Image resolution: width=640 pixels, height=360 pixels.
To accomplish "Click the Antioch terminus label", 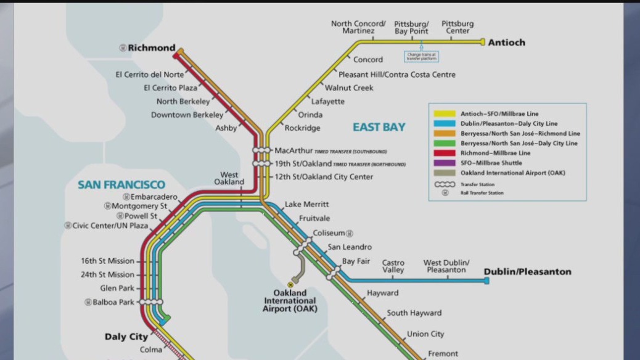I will [x=506, y=43].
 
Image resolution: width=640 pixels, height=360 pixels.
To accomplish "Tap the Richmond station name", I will [x=151, y=47].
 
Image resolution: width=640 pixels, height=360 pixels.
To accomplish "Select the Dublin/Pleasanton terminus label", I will [x=527, y=272].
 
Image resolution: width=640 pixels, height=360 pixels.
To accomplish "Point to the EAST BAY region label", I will [x=379, y=127].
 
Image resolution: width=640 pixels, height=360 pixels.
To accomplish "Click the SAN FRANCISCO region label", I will [x=121, y=185].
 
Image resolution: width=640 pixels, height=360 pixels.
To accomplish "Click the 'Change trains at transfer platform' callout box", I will [x=422, y=56].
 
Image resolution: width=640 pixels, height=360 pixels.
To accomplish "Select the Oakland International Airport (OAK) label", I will [x=290, y=300].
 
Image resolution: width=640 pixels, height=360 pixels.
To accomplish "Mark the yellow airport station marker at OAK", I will [x=290, y=284].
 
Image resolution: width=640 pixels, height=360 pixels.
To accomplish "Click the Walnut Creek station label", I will [x=349, y=88].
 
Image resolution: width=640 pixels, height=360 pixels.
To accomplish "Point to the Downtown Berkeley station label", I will [x=187, y=115].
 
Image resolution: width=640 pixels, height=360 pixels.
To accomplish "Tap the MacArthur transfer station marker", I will [x=261, y=150].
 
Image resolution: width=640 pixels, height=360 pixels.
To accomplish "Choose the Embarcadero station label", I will [x=154, y=197].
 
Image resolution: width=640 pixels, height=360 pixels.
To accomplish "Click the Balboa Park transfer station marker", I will [x=152, y=302].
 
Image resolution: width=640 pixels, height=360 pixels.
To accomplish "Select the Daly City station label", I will [x=126, y=337].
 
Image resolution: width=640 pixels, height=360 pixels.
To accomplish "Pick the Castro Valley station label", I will [x=393, y=266].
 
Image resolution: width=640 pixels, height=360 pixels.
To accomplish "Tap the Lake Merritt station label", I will [x=306, y=204].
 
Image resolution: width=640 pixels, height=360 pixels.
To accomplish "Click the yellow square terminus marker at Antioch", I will [x=483, y=42].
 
